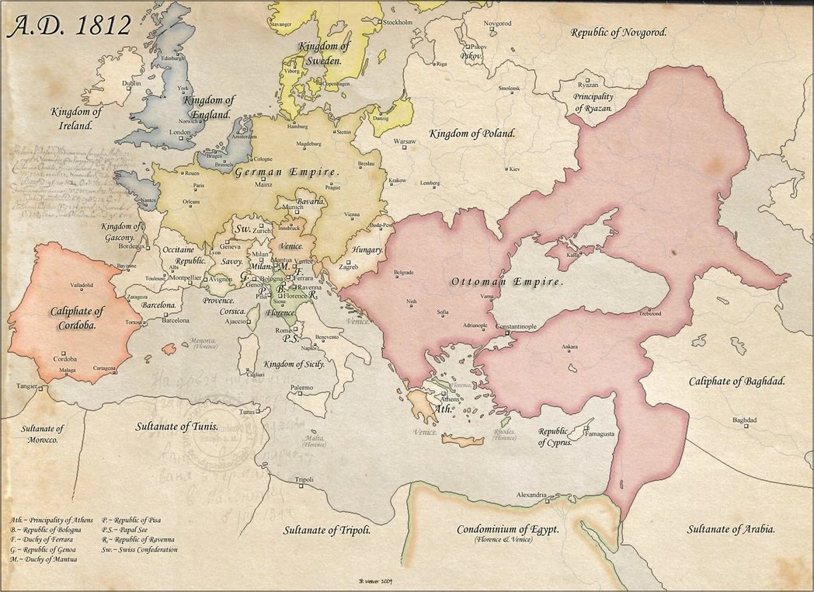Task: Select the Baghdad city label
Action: pos(744,420)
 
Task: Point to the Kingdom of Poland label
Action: pos(472,133)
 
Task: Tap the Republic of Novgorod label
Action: pos(619,33)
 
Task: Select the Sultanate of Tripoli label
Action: pos(325,531)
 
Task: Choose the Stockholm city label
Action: pos(397,23)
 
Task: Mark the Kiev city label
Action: pos(513,169)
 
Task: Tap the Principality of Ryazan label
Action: pos(593,103)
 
